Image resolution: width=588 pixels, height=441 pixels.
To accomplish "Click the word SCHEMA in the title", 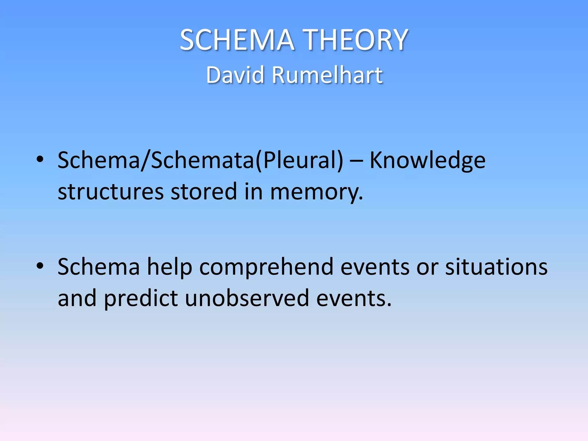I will (x=237, y=40).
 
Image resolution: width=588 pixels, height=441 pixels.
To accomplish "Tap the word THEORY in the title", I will (x=356, y=40).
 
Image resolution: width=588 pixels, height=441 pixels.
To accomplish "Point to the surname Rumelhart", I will (x=327, y=75).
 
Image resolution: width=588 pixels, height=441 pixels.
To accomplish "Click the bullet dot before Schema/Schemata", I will (x=40, y=159).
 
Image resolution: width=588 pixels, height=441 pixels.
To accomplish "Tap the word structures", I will (x=111, y=192).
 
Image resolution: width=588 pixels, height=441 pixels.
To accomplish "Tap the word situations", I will (x=496, y=267).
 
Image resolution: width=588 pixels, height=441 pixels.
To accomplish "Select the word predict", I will (x=141, y=299).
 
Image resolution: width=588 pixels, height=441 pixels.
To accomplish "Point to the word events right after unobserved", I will (x=354, y=299).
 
